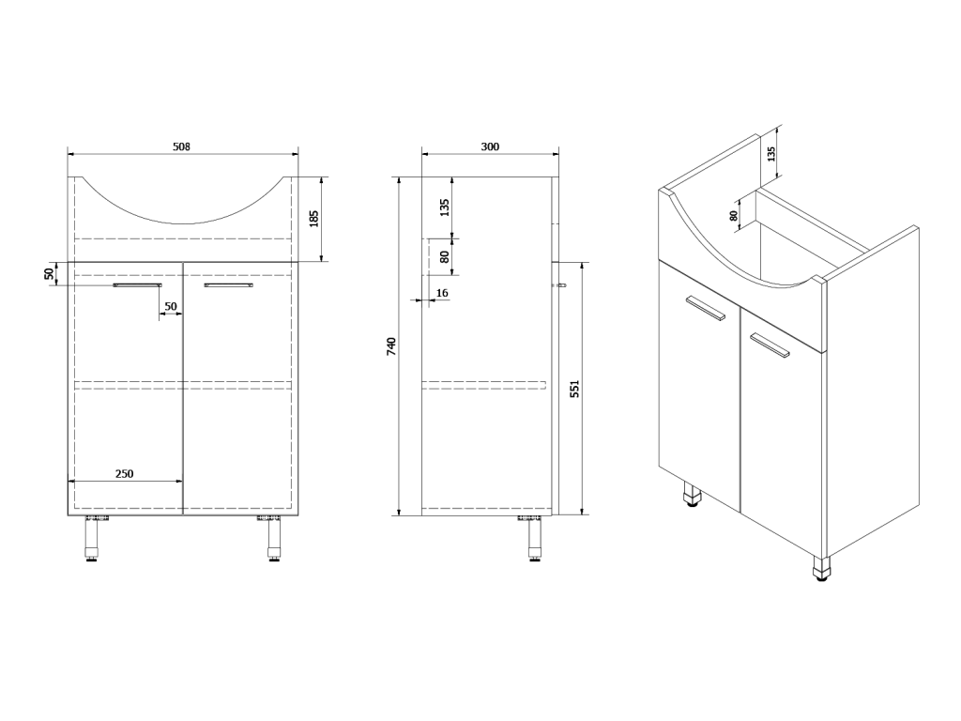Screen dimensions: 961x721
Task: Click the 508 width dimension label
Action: (x=181, y=146)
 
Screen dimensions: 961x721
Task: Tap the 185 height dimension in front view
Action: (x=313, y=219)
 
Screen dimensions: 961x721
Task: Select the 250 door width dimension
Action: (x=125, y=473)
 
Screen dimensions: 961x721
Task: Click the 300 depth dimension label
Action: (x=490, y=146)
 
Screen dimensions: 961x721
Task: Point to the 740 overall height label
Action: (x=392, y=345)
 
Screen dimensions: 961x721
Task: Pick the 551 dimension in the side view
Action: (x=574, y=389)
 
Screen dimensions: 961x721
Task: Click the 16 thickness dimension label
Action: (x=442, y=293)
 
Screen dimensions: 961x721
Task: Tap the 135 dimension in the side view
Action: (x=446, y=207)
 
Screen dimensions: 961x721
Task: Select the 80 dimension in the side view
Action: (x=446, y=256)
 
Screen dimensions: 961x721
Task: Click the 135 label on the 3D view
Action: (x=771, y=153)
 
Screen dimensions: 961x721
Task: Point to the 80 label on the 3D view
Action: (x=734, y=215)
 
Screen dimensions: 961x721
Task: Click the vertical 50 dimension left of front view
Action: (x=49, y=273)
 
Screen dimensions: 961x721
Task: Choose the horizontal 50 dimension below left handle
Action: (x=171, y=307)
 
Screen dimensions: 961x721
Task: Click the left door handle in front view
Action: (x=138, y=285)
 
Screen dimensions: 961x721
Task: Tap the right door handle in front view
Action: (x=229, y=285)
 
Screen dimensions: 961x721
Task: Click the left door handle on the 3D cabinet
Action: (x=706, y=308)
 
